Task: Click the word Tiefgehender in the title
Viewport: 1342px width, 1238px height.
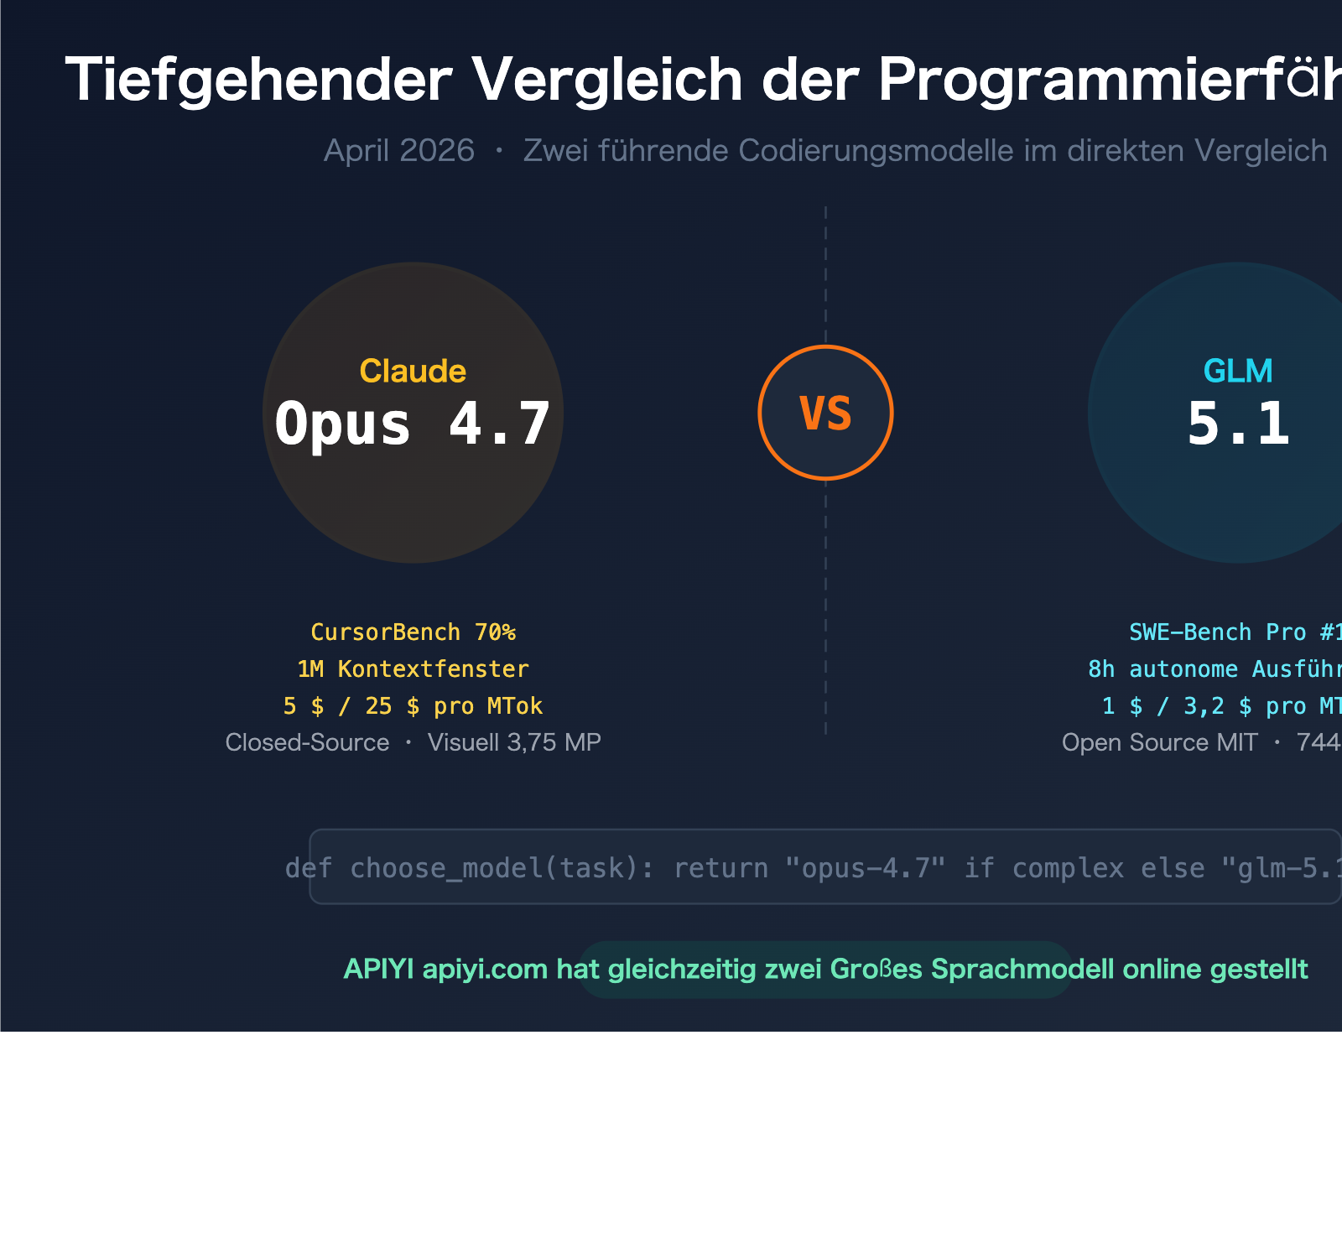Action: click(x=258, y=81)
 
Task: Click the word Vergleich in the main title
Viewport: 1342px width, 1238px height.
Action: click(x=606, y=81)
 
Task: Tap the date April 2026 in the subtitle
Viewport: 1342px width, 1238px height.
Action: click(x=399, y=151)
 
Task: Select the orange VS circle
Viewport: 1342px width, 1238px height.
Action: click(x=825, y=413)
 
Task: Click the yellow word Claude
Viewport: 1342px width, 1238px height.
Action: click(x=413, y=371)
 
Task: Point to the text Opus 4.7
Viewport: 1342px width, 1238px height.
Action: click(x=413, y=424)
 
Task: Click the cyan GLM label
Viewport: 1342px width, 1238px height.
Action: click(x=1238, y=371)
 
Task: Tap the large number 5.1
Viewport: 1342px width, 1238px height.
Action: click(x=1238, y=424)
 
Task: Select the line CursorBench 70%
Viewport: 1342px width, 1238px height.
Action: click(x=413, y=632)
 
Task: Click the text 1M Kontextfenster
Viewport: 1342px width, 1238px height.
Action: click(x=413, y=669)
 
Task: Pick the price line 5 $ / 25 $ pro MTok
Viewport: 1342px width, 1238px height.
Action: click(x=413, y=706)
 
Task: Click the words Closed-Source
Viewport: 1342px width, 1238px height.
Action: click(x=307, y=743)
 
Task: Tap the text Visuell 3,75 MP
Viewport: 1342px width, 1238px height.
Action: click(x=514, y=743)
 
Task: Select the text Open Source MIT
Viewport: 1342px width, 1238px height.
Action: click(x=1159, y=743)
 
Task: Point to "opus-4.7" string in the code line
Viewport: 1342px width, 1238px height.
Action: click(x=865, y=868)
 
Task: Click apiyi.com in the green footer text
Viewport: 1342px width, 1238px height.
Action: click(x=485, y=970)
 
